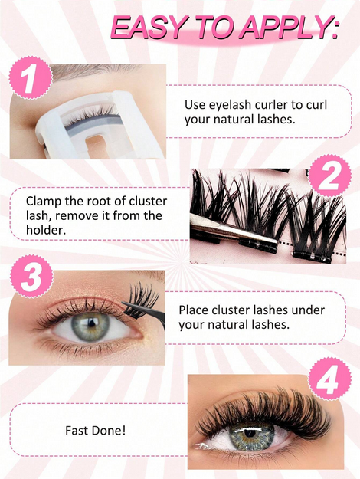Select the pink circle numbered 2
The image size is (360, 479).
330,177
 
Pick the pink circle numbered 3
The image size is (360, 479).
30,278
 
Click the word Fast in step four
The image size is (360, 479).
77,431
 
